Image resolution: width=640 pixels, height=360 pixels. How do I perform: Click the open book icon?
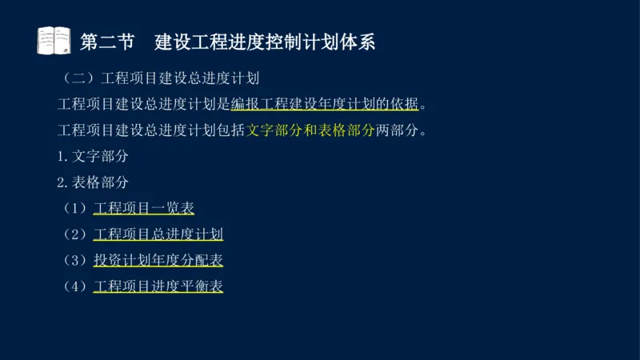pos(54,41)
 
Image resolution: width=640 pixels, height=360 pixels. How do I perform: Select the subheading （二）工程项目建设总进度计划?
pos(160,79)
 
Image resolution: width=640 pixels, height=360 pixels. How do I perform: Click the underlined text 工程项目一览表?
pos(144,208)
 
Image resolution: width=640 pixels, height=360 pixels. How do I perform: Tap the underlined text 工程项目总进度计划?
pos(158,234)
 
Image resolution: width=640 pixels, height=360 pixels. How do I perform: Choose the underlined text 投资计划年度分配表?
pos(158,260)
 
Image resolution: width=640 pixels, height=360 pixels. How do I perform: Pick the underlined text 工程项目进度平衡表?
pos(158,286)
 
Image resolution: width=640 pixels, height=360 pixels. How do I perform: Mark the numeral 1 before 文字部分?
pos(62,157)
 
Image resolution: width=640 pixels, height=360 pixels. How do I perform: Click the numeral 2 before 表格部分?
pos(62,182)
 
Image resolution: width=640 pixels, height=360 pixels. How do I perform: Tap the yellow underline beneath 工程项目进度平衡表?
pos(158,294)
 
